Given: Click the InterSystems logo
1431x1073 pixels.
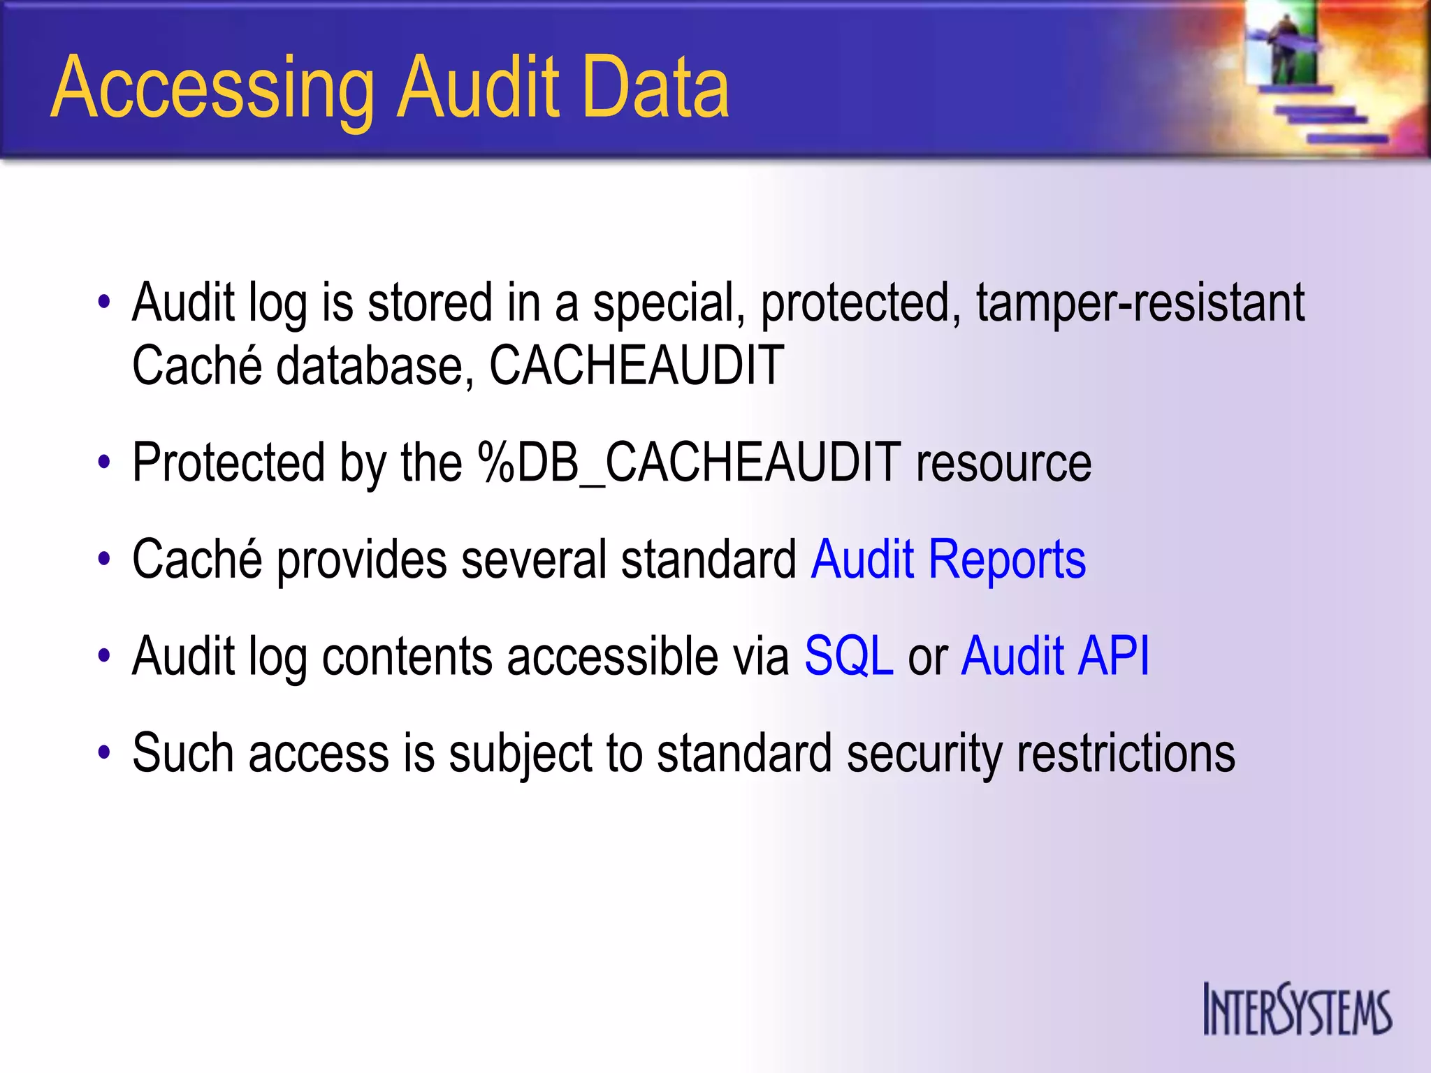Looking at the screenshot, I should pos(1297,1009).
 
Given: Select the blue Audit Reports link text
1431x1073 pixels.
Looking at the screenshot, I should pos(948,560).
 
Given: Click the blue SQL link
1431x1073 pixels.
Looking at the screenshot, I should pos(849,656).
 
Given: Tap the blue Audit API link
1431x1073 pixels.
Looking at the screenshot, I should pos(1055,656).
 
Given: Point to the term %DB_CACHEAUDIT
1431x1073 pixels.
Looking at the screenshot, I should pos(689,463).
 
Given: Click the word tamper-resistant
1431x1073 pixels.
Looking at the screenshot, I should pos(1140,302).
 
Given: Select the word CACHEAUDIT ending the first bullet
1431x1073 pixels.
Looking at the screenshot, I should pos(636,365).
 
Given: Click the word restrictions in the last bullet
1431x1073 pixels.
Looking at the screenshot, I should pos(1126,753).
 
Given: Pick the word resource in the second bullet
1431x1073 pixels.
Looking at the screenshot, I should pos(1003,463).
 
